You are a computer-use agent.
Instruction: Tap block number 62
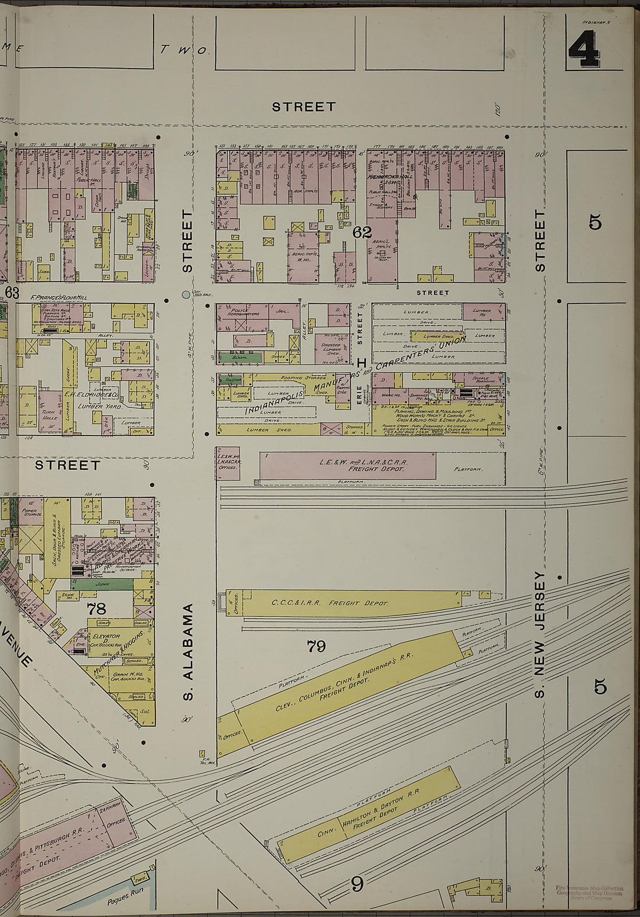pyautogui.click(x=361, y=232)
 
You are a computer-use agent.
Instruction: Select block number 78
pyautogui.click(x=97, y=610)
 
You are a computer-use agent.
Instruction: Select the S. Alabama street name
pyautogui.click(x=187, y=652)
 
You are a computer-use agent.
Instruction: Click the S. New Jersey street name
pyautogui.click(x=539, y=635)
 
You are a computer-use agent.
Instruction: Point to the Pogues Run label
pyautogui.click(x=125, y=900)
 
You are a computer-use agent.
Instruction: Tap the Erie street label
pyautogui.click(x=359, y=392)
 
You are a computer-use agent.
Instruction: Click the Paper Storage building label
pyautogui.click(x=30, y=512)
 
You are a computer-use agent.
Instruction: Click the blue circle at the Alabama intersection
pyautogui.click(x=186, y=295)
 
